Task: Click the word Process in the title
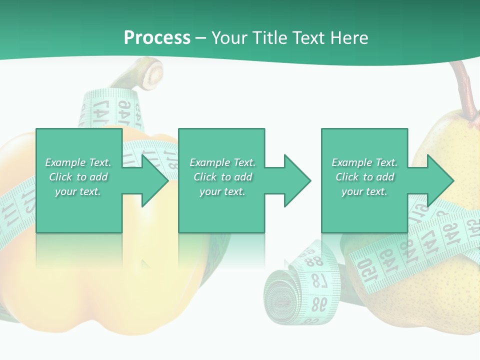157,38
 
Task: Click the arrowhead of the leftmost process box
155,180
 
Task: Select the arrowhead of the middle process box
297,180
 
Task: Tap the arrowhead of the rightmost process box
440,180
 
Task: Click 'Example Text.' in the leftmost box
78,162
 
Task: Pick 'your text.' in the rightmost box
364,191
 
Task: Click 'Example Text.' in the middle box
222,162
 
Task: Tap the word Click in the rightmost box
348,177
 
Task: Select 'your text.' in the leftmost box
78,191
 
